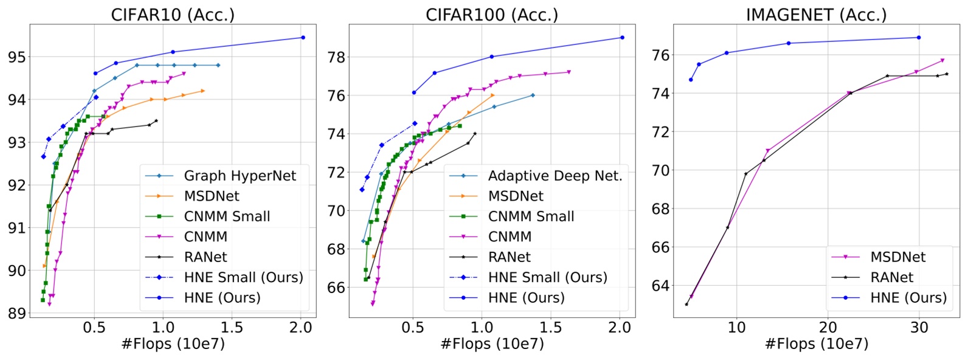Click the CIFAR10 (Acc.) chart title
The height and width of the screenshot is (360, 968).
coord(172,15)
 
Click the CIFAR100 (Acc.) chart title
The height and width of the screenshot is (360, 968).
coord(491,15)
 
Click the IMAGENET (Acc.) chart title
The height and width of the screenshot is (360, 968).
coord(816,15)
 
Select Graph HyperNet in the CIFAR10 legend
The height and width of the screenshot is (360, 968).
coord(240,176)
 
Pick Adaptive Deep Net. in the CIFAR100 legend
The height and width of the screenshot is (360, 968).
coord(555,176)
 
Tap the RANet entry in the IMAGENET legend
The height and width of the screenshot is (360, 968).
coord(891,277)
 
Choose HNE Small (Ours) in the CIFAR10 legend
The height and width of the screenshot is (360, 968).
coord(243,277)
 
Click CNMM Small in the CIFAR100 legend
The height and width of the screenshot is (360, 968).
coord(531,216)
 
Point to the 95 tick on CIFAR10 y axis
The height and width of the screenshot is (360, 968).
coord(16,57)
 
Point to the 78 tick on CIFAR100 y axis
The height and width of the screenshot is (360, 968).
coord(336,57)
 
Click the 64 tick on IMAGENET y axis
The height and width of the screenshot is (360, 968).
coord(660,285)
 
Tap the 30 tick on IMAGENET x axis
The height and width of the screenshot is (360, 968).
coord(919,328)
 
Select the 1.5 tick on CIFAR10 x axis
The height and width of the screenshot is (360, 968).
coord(232,328)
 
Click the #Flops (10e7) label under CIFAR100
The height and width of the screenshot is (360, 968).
coord(491,344)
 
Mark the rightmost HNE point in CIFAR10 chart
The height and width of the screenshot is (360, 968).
coord(303,38)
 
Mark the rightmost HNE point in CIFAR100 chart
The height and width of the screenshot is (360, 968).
coord(622,38)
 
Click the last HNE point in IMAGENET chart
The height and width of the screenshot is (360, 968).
coord(918,38)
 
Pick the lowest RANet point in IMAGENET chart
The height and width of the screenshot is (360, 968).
coord(686,304)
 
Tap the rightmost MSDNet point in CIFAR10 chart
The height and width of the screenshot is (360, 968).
coord(203,91)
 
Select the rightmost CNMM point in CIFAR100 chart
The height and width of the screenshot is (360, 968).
coord(569,72)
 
